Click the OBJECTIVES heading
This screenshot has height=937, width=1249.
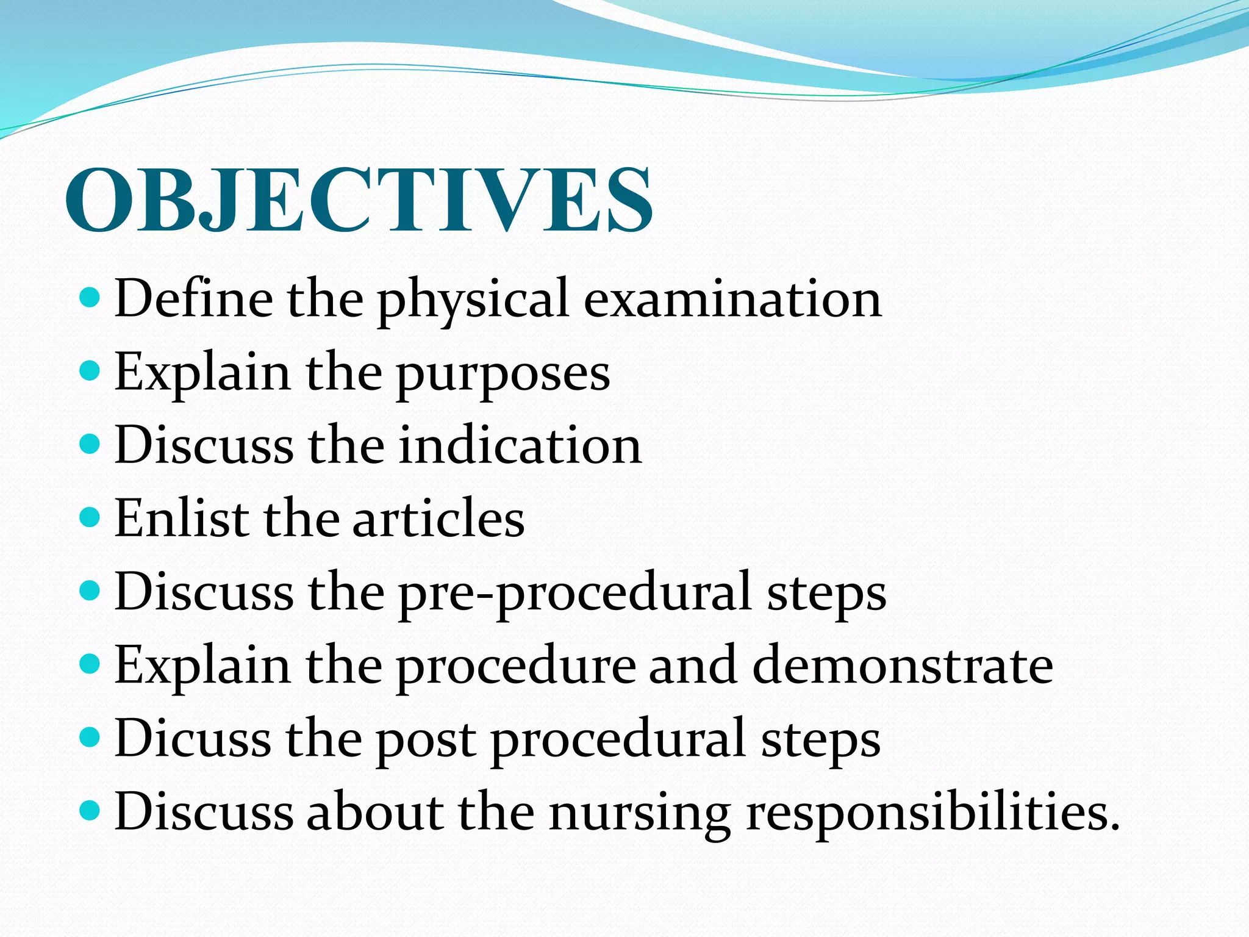pyautogui.click(x=359, y=200)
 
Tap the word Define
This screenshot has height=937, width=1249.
pyautogui.click(x=193, y=298)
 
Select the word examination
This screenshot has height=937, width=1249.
pyautogui.click(x=732, y=298)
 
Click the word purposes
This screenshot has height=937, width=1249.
pyautogui.click(x=503, y=373)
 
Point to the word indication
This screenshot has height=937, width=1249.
pyautogui.click(x=520, y=445)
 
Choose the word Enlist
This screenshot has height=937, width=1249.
pyautogui.click(x=181, y=519)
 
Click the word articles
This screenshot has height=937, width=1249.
pyautogui.click(x=438, y=519)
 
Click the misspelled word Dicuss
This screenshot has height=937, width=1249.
pyautogui.click(x=192, y=738)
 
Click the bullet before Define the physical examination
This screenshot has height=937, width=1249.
pyautogui.click(x=90, y=298)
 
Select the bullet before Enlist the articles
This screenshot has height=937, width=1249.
pyautogui.click(x=90, y=517)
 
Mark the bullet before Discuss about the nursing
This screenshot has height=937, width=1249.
pyautogui.click(x=90, y=811)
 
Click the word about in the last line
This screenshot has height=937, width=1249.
pyautogui.click(x=374, y=811)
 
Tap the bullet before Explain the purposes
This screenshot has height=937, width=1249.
pyautogui.click(x=90, y=370)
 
